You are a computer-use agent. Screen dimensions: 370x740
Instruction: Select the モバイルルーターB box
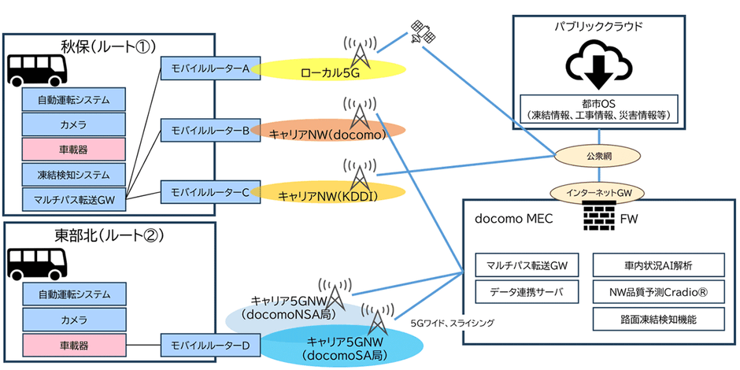pos(205,129)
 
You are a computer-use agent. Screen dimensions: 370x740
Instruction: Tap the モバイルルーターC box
pos(205,191)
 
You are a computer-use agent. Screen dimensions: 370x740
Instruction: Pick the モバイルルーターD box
pos(205,345)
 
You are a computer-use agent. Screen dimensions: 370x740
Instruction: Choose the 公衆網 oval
pos(601,156)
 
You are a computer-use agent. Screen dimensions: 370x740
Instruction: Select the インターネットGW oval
pos(600,192)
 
